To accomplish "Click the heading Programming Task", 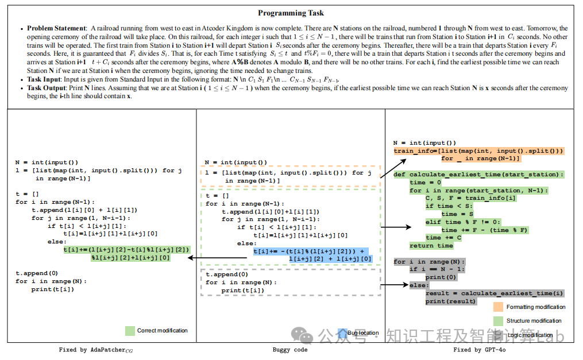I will (x=291, y=13).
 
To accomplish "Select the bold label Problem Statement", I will (x=56, y=28).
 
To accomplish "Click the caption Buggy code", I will (x=289, y=350).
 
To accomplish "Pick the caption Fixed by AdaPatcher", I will (x=95, y=350).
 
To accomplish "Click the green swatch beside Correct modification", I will (x=130, y=331).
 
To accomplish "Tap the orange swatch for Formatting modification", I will (x=498, y=307).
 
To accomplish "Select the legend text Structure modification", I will (x=534, y=321).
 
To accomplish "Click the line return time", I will (x=431, y=246).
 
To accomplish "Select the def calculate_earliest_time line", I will (x=478, y=174).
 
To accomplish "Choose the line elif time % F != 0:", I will (x=463, y=222).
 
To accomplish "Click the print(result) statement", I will (x=451, y=301).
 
